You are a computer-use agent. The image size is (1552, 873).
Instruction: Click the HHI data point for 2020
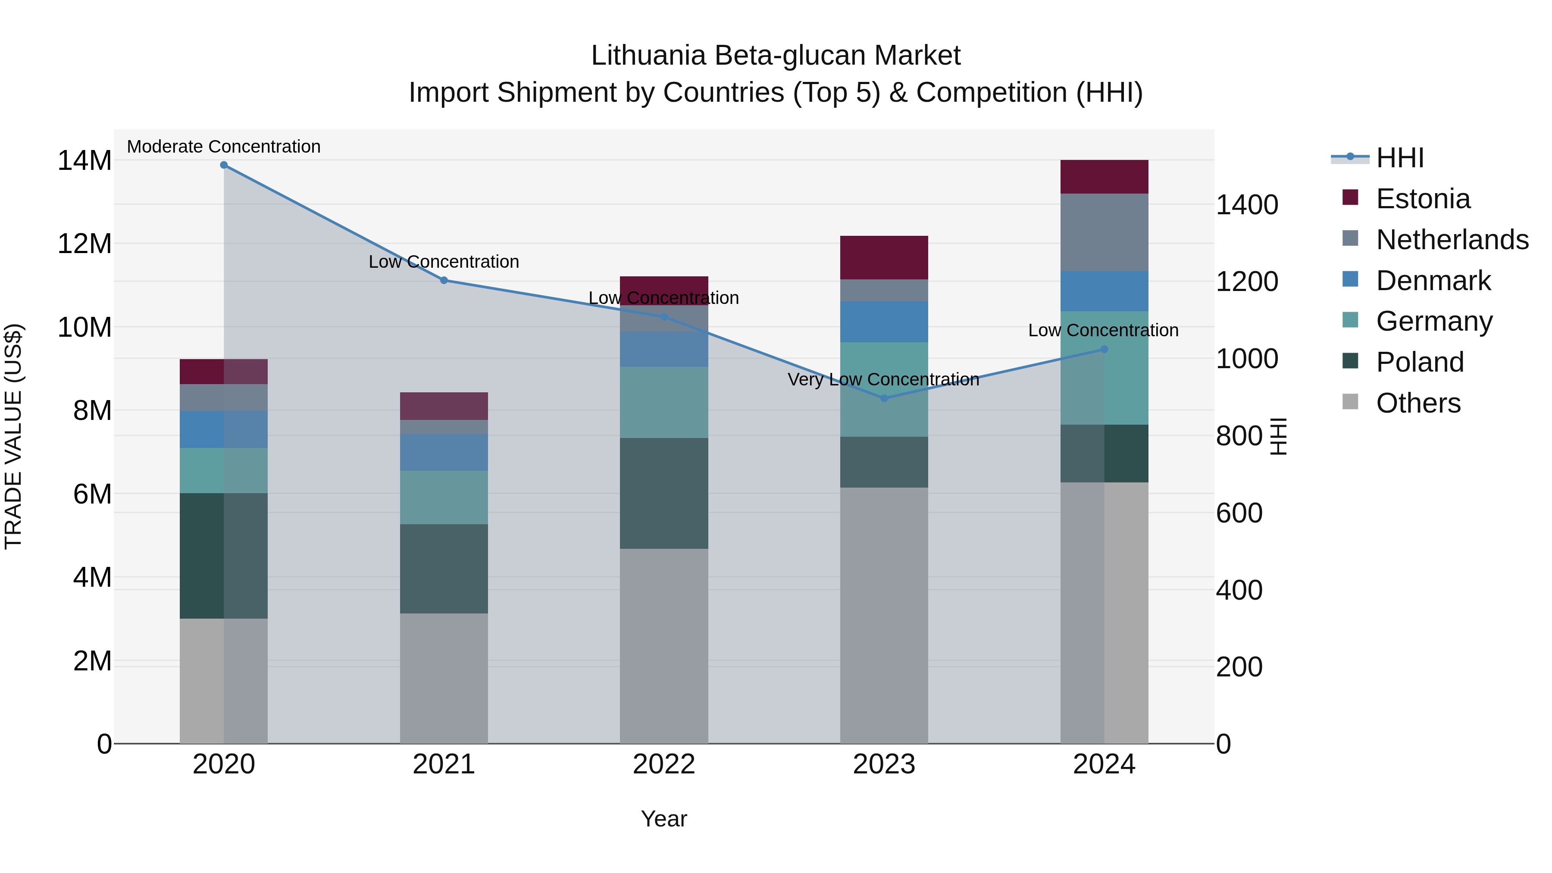pos(223,165)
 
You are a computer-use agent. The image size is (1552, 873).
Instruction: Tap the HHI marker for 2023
pos(884,398)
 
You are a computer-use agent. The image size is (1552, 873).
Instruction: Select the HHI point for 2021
pos(444,280)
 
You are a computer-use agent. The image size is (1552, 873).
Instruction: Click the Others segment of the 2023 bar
pos(884,614)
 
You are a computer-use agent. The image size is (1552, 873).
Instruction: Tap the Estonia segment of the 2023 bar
pos(884,257)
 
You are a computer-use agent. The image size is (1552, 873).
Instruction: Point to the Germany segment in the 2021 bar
pos(444,497)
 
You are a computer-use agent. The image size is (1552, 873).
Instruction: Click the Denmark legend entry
pos(1433,281)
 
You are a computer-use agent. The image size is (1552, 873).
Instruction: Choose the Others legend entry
pos(1418,403)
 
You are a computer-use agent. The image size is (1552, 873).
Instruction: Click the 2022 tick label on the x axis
pos(664,764)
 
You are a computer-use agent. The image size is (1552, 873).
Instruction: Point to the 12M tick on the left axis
pos(84,244)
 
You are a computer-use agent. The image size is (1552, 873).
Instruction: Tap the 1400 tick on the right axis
pos(1246,205)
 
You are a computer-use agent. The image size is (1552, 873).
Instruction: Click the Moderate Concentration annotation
pos(223,147)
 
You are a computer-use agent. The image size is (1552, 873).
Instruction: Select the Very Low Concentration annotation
pos(883,379)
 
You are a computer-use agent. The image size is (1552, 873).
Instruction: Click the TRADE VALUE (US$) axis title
pos(13,436)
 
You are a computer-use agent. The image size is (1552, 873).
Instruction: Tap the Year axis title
pos(664,819)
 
